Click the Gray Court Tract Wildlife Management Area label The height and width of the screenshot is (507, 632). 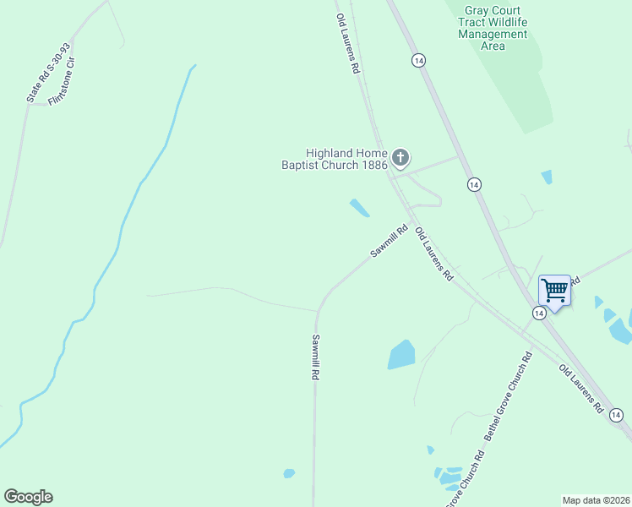(493, 28)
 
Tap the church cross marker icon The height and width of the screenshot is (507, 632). (400, 157)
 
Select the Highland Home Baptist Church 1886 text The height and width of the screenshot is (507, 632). (335, 159)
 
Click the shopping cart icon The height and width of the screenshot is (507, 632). (554, 291)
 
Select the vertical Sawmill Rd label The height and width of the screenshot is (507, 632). (315, 357)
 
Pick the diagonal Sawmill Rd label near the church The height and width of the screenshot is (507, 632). (389, 241)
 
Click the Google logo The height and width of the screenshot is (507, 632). (28, 497)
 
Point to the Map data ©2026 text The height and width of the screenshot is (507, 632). (595, 500)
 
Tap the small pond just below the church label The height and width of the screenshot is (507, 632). (360, 208)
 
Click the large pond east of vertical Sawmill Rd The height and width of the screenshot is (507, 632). (402, 355)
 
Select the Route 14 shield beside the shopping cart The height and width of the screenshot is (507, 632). (537, 313)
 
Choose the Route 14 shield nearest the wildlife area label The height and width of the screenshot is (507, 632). (417, 60)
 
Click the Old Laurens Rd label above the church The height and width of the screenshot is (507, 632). (348, 44)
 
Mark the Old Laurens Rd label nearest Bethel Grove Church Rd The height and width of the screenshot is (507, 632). (581, 389)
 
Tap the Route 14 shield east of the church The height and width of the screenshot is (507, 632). (474, 184)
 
